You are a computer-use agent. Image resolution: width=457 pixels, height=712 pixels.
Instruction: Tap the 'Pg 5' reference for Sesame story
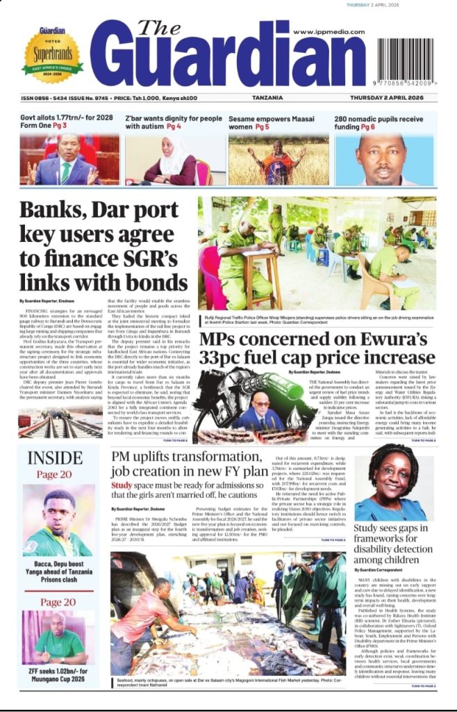tap(262, 127)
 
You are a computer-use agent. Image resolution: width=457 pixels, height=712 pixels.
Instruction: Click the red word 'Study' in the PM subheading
tap(122, 485)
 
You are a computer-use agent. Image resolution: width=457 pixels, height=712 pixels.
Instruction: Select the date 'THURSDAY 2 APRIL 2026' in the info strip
tap(392, 98)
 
